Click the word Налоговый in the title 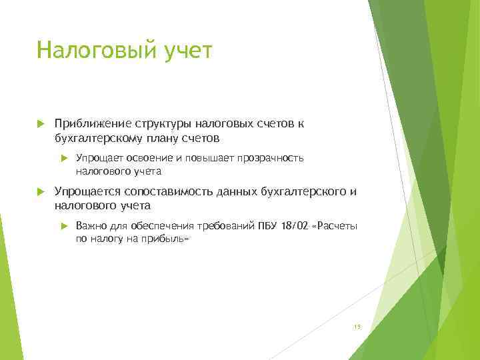click(x=95, y=50)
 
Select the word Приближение click(x=93, y=123)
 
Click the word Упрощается click(x=90, y=192)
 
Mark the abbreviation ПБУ click(x=268, y=225)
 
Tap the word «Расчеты click(x=335, y=225)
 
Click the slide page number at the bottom click(x=357, y=327)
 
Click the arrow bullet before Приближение click(x=40, y=123)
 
